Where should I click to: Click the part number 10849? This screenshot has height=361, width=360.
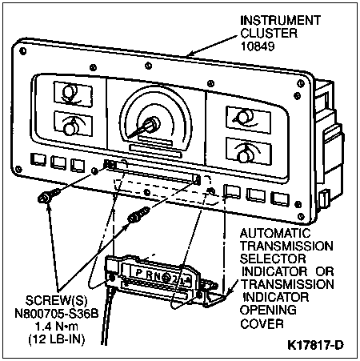tap(258, 46)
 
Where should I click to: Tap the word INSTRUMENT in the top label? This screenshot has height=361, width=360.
tap(280, 21)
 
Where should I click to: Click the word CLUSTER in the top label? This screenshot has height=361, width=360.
tap(269, 34)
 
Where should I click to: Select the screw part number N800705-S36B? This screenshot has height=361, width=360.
tap(57, 314)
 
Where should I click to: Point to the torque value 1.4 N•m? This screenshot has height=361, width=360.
tap(57, 327)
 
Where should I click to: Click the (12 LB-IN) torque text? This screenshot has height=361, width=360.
tap(57, 339)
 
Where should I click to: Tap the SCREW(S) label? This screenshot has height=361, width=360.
tap(56, 301)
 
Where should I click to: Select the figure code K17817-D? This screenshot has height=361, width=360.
tap(315, 345)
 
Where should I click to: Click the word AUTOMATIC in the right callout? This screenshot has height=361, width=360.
tap(275, 234)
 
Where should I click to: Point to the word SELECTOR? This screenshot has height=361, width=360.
tap(273, 259)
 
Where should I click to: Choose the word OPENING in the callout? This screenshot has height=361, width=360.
tap(268, 310)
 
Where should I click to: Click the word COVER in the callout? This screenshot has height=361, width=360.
tap(262, 323)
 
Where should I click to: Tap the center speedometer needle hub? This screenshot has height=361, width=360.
tap(153, 123)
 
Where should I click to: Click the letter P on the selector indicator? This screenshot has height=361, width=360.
tap(138, 272)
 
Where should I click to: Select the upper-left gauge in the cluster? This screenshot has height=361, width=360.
tap(73, 94)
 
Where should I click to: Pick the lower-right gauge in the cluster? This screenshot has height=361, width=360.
tap(249, 151)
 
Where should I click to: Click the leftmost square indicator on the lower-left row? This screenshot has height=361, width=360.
tap(38, 159)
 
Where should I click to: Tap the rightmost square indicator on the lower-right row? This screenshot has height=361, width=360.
tap(280, 199)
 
